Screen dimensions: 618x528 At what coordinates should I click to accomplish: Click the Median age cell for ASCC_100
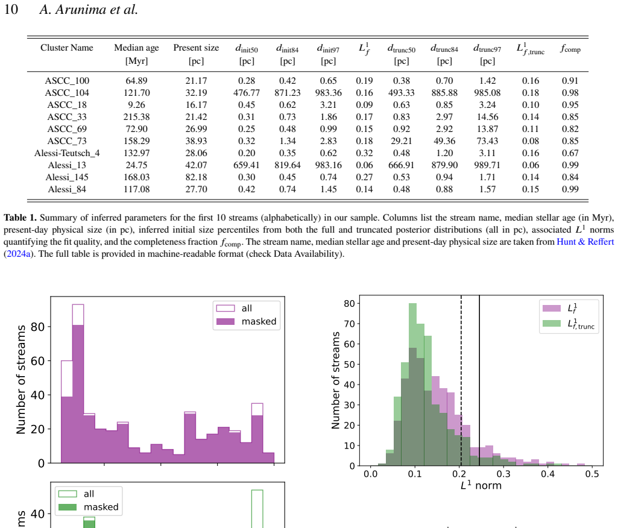point(136,81)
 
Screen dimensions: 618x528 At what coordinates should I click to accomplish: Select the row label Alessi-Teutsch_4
point(67,153)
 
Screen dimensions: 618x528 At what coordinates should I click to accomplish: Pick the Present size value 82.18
point(196,177)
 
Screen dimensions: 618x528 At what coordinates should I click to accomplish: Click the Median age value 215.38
point(136,117)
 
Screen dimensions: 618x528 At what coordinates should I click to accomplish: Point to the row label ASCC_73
point(67,141)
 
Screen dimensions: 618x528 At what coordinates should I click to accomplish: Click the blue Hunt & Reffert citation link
point(585,242)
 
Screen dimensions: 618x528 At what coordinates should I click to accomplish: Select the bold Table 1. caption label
point(20,218)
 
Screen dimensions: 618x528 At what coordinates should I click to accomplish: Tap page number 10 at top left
point(11,9)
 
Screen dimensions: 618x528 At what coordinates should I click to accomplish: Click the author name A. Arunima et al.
point(89,9)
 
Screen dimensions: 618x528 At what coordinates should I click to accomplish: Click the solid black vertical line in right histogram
point(479,380)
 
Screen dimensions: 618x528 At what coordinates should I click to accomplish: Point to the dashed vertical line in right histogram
point(461,380)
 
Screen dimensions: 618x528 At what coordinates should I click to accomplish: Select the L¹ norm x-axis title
point(481,485)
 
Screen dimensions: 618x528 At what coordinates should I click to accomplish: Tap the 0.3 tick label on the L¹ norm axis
point(503,474)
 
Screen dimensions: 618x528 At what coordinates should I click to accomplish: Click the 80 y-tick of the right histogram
point(349,303)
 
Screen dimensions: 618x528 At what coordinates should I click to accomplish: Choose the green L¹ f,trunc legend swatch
point(552,324)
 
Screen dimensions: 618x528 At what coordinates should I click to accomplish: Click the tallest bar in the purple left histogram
point(78,383)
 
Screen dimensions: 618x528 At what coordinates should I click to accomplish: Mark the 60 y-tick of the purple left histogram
point(37,361)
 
